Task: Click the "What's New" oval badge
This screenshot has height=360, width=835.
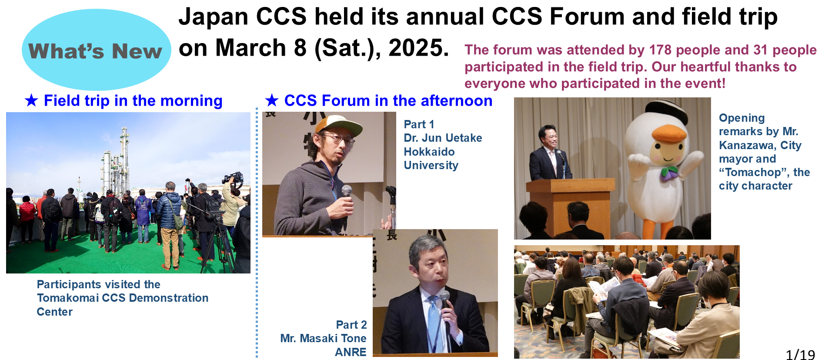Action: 97,50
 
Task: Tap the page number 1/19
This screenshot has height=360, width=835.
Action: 800,354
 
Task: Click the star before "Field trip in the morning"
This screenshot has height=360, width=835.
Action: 31,100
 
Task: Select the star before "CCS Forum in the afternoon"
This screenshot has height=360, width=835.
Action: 272,100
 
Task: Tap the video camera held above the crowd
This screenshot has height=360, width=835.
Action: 233,178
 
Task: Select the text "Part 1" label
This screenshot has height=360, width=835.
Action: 419,124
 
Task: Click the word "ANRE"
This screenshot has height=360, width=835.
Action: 351,352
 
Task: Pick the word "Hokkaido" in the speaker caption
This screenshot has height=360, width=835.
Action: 429,152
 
